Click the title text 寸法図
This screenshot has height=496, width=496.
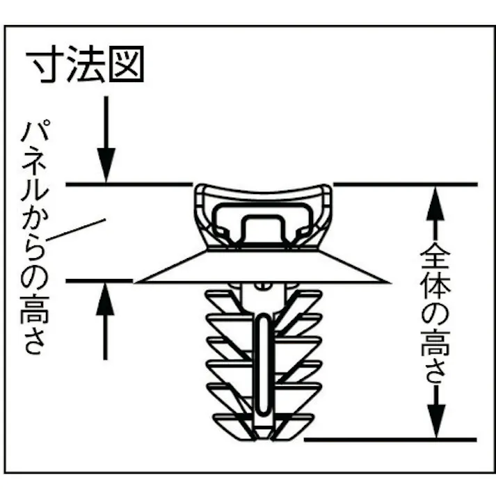tap(85, 64)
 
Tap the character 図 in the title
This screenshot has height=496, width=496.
tap(127, 64)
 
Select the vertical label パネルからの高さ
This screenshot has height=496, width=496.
tap(34, 237)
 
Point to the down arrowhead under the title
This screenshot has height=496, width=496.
tap(106, 165)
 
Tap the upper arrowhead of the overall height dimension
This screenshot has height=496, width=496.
tap(435, 203)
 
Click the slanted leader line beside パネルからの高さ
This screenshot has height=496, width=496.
tap(76, 230)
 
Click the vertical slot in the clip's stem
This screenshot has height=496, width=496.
tap(263, 364)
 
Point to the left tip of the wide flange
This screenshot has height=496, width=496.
tap(134, 282)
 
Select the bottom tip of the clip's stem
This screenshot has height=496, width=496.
tap(262, 438)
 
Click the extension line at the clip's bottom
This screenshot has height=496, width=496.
tap(390, 440)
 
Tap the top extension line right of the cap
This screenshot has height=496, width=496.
tap(406, 184)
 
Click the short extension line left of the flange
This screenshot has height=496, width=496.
tap(99, 280)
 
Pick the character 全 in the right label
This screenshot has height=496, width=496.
tap(435, 255)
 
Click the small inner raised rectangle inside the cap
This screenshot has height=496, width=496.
tap(262, 228)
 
